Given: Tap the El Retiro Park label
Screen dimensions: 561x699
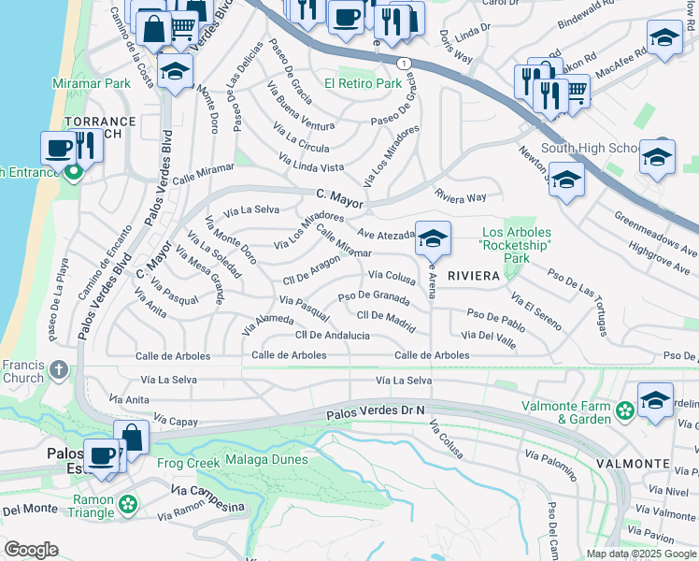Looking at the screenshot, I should (363, 83).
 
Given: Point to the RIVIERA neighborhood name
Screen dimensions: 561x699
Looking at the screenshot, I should (474, 276).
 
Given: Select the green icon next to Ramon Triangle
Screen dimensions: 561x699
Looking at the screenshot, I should (127, 506).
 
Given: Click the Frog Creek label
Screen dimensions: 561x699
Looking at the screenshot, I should (189, 461).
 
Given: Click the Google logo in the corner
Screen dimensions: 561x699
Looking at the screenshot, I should (31, 550).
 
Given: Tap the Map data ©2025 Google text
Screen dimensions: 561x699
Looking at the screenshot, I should (640, 554).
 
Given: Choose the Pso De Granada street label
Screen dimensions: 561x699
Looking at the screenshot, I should (374, 297).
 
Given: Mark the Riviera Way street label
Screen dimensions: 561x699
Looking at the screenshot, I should (461, 197).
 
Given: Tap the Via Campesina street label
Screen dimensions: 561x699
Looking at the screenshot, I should (207, 497).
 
